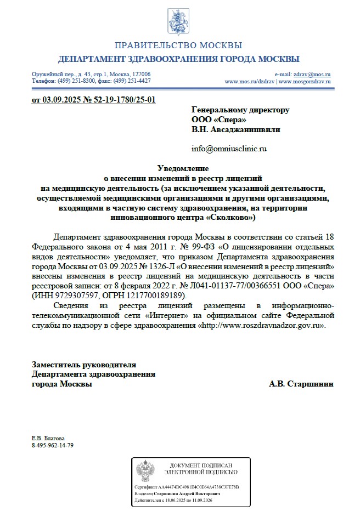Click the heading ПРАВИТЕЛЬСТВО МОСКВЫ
pyautogui.click(x=178, y=45)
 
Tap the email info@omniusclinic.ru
pyautogui.click(x=228, y=149)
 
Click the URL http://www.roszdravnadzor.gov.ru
pyautogui.click(x=261, y=325)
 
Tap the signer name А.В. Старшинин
pyautogui.click(x=301, y=384)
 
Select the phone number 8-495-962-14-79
pyautogui.click(x=53, y=445)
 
